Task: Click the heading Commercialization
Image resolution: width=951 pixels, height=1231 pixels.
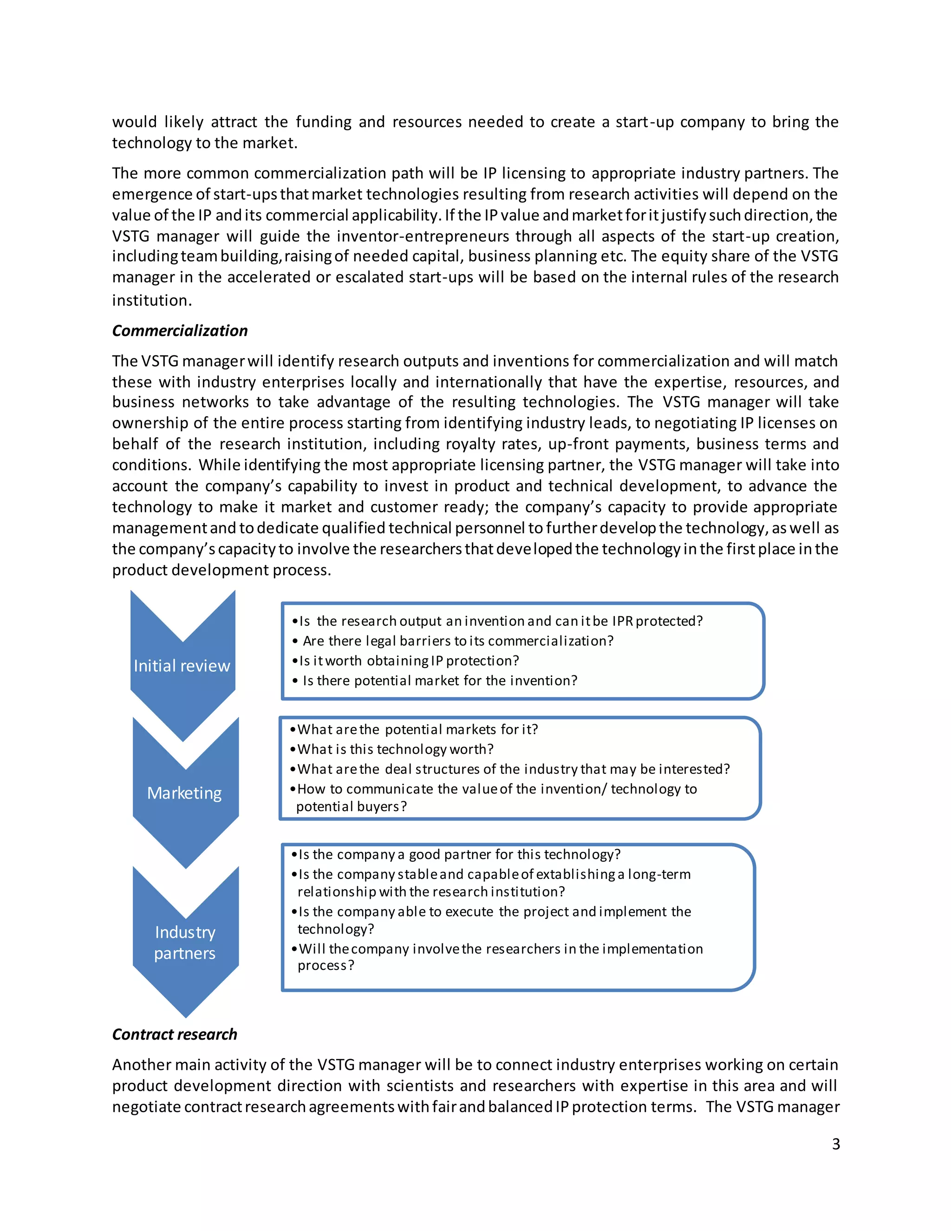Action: pyautogui.click(x=180, y=331)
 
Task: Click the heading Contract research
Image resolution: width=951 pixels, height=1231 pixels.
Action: pyautogui.click(x=174, y=1035)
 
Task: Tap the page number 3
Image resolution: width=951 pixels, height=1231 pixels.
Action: pyautogui.click(x=835, y=1144)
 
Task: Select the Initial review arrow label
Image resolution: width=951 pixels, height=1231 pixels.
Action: pyautogui.click(x=182, y=666)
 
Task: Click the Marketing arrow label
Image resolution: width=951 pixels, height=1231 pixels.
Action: pyautogui.click(x=184, y=793)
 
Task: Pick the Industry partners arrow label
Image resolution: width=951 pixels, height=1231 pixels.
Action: pyautogui.click(x=185, y=943)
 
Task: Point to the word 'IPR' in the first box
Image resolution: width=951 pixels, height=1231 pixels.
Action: pyautogui.click(x=623, y=621)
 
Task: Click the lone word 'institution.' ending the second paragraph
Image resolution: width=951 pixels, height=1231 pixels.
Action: pyautogui.click(x=151, y=301)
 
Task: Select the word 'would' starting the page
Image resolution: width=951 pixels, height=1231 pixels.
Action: pyautogui.click(x=134, y=122)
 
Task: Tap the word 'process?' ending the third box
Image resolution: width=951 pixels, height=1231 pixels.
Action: pyautogui.click(x=326, y=966)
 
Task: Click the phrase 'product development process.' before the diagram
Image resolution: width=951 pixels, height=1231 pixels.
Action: pyautogui.click(x=221, y=570)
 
